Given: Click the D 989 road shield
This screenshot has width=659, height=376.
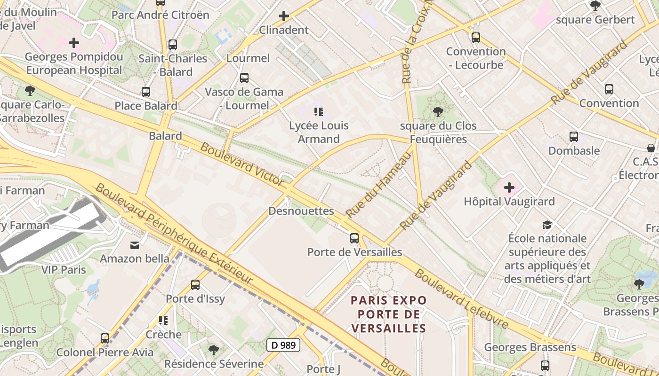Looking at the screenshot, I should coord(283,345).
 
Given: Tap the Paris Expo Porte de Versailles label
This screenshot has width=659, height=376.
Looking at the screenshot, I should coord(389,314).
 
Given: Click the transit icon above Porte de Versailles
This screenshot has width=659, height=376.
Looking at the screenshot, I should coord(354,238).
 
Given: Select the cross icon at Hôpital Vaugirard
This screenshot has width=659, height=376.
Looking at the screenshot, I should coord(509,188).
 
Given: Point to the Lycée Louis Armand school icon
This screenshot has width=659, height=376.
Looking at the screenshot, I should coord(319,112).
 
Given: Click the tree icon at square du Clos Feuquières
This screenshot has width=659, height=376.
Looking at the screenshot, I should coord(438,112).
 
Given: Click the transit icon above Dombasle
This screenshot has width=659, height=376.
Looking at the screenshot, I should coord(573,137).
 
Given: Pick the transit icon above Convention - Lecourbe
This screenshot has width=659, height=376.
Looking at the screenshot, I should coord(476,38).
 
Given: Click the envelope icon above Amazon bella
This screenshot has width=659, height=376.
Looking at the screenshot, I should coord(135,245).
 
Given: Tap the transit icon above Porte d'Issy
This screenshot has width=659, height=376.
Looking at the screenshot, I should coord(195,284).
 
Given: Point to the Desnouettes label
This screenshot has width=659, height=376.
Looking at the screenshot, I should coord(301,211).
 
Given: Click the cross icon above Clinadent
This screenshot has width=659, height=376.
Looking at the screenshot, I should coord(283,16).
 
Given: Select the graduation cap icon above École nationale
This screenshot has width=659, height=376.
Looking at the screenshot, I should coord(546,225).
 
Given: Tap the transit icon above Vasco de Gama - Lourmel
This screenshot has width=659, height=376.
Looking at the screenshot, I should coord(244,78).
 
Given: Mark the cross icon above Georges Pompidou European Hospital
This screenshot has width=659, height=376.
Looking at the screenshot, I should coord(74,43).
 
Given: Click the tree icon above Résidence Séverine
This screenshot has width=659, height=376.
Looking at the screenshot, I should coord(213,350).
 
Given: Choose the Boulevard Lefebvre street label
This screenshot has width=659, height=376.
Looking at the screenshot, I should coord(461,299).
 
